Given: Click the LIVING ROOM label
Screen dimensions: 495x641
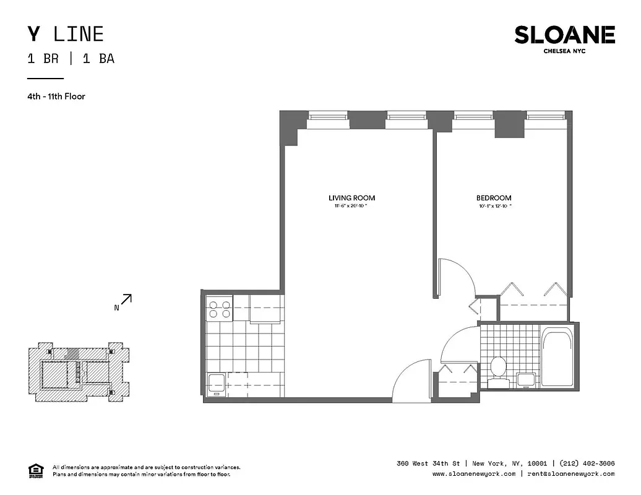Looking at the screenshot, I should (x=351, y=198).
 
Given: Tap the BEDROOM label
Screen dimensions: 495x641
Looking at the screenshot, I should (x=489, y=198).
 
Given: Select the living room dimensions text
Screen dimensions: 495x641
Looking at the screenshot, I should (x=351, y=206).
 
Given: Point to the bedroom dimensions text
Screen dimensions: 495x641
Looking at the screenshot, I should (x=489, y=206).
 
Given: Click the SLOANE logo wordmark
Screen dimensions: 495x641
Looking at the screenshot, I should (x=564, y=35).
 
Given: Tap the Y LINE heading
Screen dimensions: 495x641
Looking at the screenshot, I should (x=65, y=34).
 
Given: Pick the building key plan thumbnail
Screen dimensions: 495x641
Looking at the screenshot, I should (x=79, y=370).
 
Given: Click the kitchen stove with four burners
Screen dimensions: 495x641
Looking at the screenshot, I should (x=218, y=308).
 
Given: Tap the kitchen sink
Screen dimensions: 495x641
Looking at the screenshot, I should (x=216, y=383).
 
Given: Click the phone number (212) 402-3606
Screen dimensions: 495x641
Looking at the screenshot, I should (x=587, y=463).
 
